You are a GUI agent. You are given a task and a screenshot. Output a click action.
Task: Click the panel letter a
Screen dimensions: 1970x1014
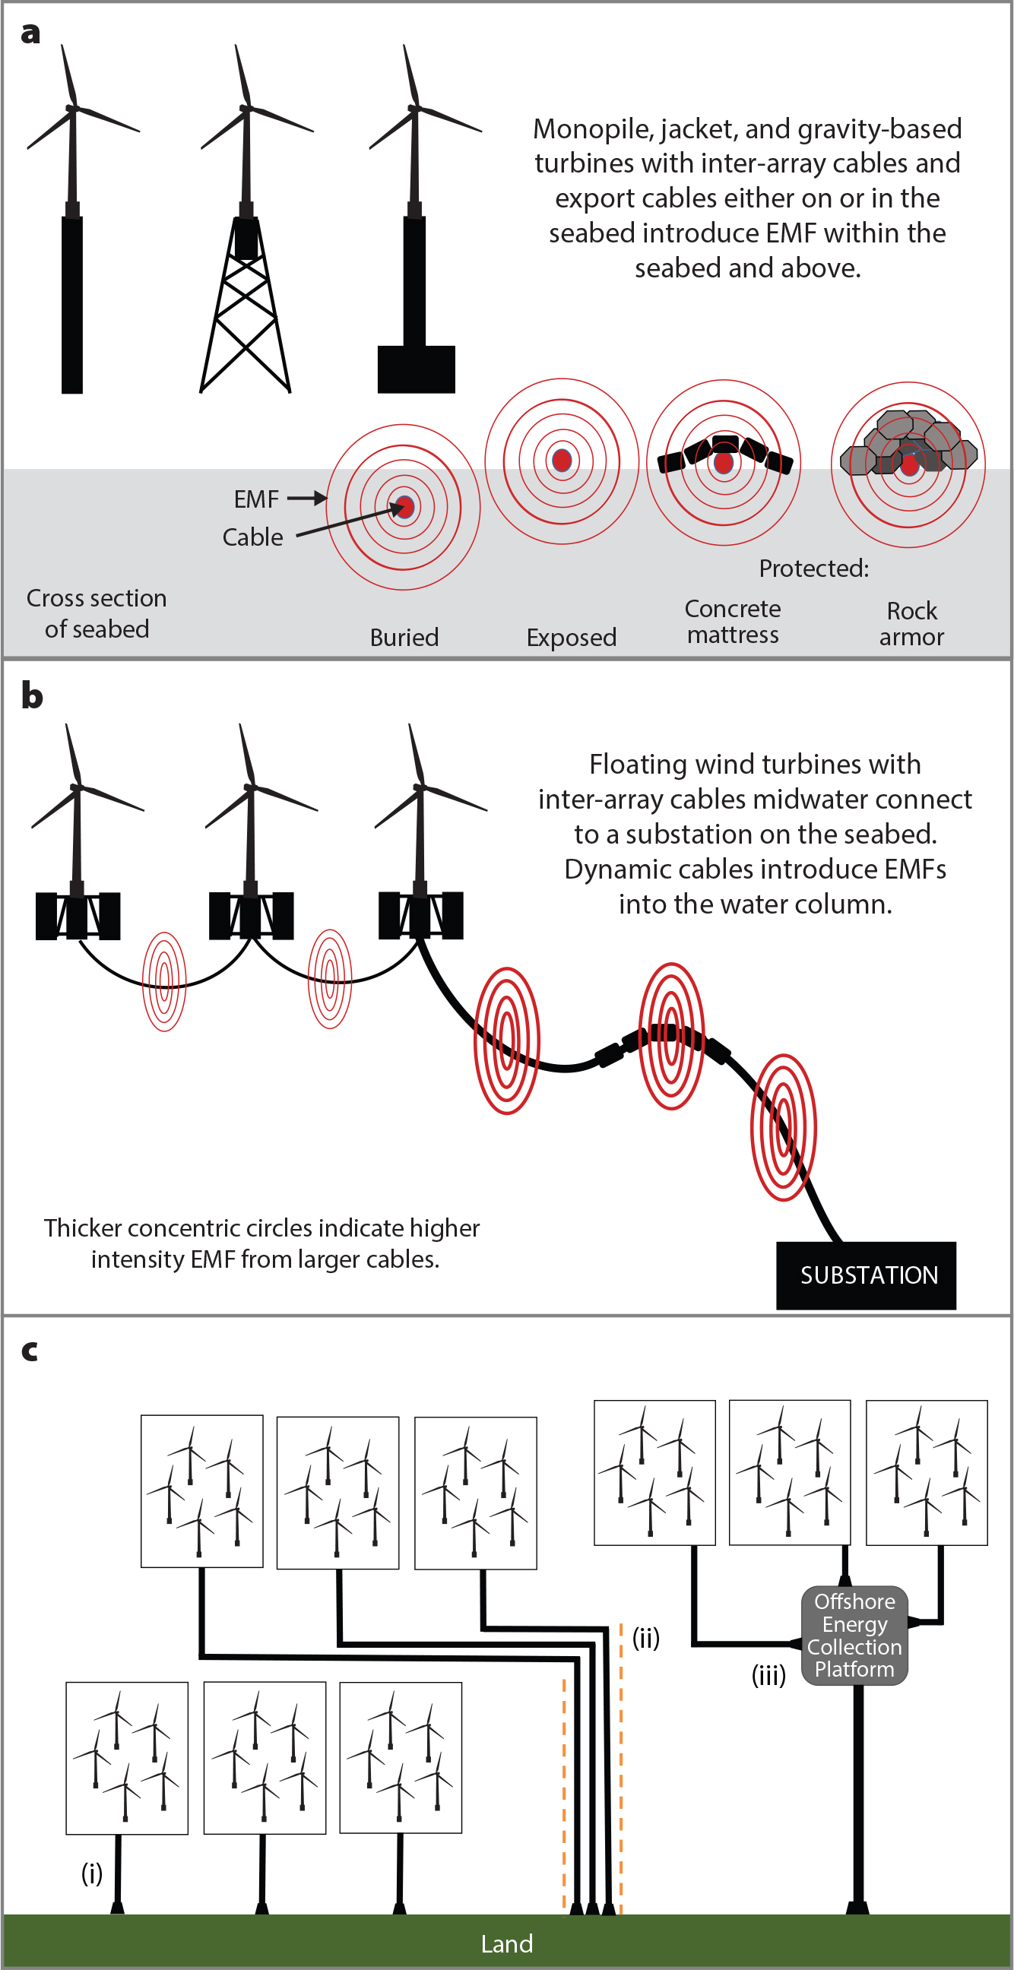pos(30,33)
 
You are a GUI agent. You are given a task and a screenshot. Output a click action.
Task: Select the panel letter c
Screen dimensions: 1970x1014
pos(30,1351)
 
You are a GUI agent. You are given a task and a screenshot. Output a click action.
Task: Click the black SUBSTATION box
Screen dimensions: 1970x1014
pos(866,1275)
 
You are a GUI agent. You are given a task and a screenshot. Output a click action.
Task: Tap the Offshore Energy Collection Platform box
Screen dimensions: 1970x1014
pos(854,1635)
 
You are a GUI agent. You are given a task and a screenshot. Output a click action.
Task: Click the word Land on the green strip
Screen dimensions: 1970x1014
pos(506,1943)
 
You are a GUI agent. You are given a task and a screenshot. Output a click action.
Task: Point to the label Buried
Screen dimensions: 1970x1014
pos(404,637)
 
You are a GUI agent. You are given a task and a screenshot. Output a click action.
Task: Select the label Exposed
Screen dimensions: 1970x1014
pos(572,637)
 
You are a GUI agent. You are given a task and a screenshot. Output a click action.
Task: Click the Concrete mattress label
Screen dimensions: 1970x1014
pos(733,622)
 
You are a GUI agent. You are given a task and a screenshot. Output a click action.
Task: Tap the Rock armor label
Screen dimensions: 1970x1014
pos(911,624)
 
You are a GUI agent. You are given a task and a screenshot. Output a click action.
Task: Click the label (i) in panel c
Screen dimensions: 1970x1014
pos(92,1873)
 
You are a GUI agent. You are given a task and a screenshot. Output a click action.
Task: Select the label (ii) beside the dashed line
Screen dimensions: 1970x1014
pos(646,1637)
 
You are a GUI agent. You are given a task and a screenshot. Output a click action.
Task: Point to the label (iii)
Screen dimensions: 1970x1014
pos(768,1676)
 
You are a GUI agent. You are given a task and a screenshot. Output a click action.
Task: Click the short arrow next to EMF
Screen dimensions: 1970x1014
pos(306,499)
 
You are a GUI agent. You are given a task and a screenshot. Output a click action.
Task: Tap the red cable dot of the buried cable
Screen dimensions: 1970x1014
pos(404,506)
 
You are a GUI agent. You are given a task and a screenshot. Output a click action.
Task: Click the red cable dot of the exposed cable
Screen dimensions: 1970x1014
pos(562,461)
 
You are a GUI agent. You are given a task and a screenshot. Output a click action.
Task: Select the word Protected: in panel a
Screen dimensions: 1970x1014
pos(813,569)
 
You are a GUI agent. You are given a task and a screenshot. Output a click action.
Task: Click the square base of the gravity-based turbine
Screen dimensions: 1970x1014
pos(416,369)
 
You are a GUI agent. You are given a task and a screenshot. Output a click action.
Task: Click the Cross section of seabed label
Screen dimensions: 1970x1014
pos(97,613)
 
